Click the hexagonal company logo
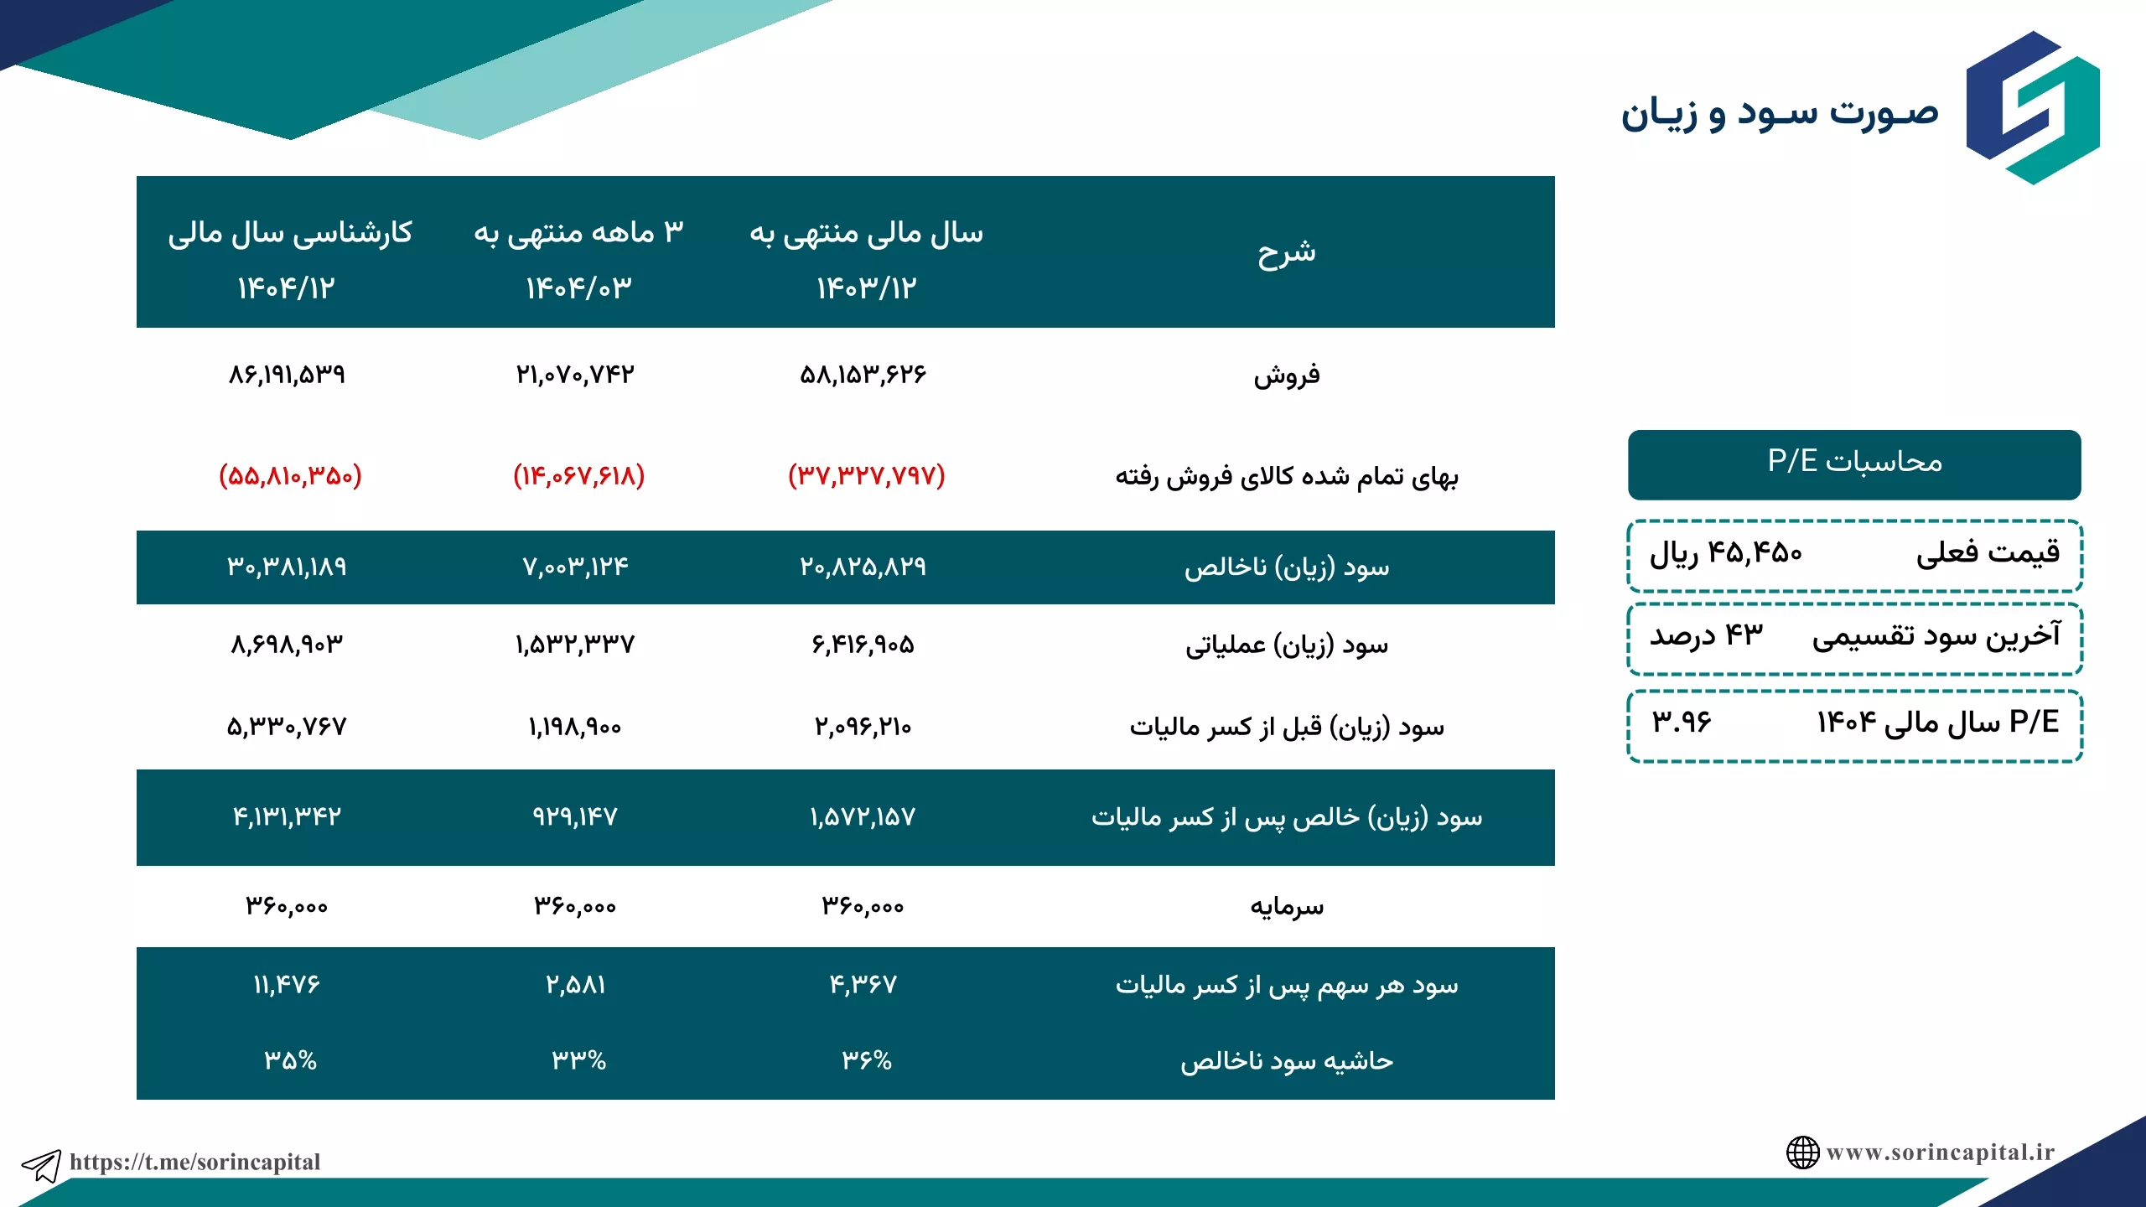2033,107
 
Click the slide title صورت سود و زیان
1779,113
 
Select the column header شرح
1286,252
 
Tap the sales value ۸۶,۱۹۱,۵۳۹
287,374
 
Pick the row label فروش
1287,375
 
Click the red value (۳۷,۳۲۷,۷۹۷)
866,475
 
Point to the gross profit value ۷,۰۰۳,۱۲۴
575,567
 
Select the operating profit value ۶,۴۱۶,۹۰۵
863,644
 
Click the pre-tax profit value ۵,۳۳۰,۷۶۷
287,726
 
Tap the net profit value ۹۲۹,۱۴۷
575,816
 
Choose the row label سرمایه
1287,907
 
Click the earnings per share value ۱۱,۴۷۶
287,984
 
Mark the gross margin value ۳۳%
578,1060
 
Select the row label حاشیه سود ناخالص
1287,1061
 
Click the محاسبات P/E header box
1854,465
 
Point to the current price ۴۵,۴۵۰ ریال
1725,553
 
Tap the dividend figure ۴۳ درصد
1707,635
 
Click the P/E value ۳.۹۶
1682,722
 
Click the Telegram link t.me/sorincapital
194,1162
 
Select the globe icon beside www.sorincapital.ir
1802,1153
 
